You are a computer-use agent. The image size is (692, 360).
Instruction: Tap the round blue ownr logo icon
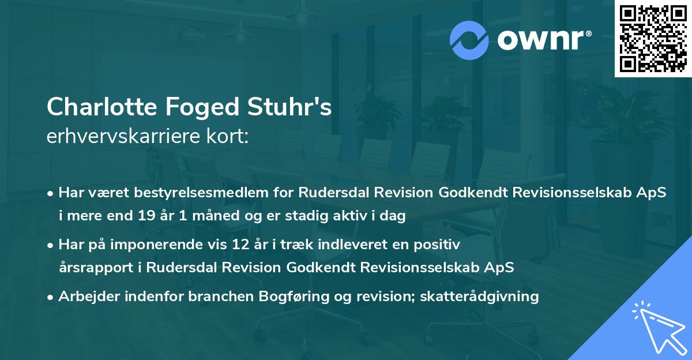469,40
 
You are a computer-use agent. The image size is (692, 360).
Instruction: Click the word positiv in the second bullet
440,245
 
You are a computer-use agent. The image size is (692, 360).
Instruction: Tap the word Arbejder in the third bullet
86,297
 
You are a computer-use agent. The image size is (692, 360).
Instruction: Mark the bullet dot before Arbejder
51,297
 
